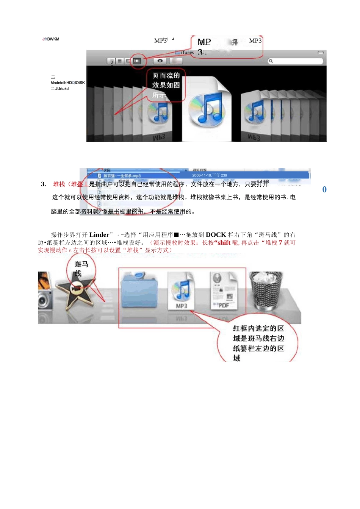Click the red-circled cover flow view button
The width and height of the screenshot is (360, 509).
[x=137, y=61]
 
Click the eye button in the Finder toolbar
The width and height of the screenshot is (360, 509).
[x=160, y=61]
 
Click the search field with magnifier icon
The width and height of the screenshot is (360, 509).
[x=296, y=61]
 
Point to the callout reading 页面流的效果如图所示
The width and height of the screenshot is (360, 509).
[x=166, y=85]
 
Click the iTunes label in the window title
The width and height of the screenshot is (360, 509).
[x=187, y=53]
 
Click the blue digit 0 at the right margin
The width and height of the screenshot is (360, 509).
[x=324, y=189]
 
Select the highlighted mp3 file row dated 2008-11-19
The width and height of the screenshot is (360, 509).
[x=197, y=175]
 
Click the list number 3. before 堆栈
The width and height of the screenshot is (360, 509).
[x=44, y=184]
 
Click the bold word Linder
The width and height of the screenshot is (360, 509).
[x=99, y=235]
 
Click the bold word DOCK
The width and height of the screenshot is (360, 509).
[x=216, y=235]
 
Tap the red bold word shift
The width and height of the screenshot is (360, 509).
[x=224, y=243]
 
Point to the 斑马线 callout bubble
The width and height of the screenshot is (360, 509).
[x=81, y=269]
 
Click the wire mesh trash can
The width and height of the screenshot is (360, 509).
[x=266, y=290]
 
